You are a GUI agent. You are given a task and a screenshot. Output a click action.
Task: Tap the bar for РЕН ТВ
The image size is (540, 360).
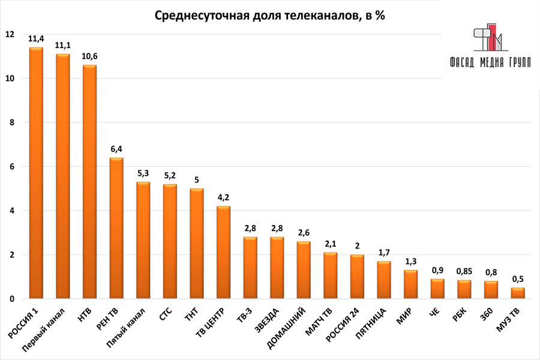coord(116,228)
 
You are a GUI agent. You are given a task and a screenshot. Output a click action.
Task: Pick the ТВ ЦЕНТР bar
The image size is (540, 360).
coord(224,252)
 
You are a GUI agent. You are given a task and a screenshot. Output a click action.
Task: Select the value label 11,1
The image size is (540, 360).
coord(63,45)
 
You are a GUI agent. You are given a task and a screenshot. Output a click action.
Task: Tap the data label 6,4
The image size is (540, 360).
coord(116,148)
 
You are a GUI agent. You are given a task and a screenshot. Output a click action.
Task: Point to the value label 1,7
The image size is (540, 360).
coord(385,252)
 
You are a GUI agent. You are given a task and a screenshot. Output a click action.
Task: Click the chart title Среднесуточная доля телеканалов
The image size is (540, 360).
coord(269,16)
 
